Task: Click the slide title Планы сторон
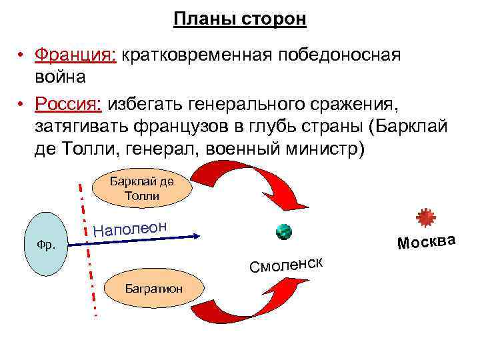[239, 19]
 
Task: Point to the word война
[61, 76]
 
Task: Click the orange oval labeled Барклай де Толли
[141, 188]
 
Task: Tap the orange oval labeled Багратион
[141, 288]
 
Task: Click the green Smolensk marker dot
[285, 232]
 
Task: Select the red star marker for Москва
[425, 218]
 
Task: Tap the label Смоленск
[287, 265]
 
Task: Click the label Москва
[426, 241]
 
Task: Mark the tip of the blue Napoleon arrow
[198, 235]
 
